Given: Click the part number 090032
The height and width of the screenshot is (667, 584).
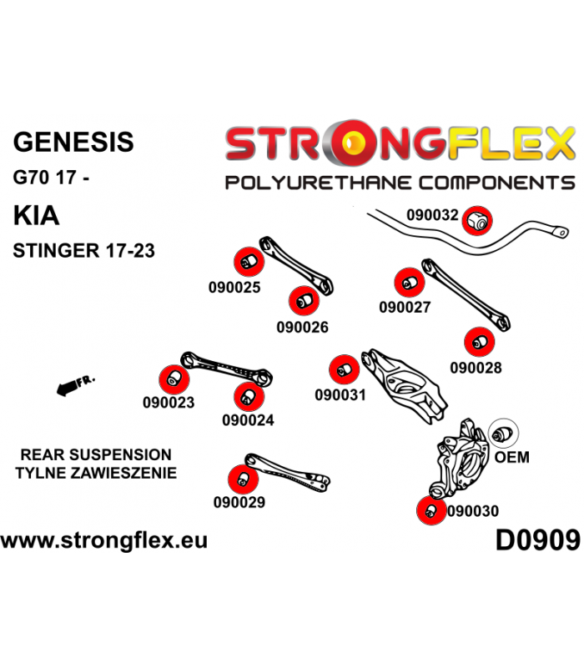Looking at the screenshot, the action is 432,215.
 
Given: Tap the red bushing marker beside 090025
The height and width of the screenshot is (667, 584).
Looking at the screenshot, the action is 249,262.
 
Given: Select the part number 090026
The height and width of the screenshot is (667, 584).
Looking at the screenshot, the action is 303,327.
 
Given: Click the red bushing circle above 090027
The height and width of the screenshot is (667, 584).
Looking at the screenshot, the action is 410,283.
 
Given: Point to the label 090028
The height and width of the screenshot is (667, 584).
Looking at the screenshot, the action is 476,368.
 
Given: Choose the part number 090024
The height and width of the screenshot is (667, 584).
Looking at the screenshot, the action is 248,420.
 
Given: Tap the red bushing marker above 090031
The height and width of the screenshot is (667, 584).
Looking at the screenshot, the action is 345,369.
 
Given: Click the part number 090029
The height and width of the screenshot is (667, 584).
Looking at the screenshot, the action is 239,503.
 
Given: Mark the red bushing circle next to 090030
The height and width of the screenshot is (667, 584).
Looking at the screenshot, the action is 431,510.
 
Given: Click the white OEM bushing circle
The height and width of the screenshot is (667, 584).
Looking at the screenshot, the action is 503,434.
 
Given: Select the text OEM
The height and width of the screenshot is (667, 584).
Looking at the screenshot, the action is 512,457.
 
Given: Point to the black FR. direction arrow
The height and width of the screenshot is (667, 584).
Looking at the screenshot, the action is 76,384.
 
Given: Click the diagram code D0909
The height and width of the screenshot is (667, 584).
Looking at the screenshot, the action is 538,540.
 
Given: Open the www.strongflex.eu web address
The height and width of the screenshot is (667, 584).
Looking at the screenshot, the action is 104,540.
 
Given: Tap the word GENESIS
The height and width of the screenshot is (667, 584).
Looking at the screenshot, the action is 73,142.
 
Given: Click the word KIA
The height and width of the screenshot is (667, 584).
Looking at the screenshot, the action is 36,216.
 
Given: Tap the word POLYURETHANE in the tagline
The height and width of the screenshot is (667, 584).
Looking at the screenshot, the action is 319,183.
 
